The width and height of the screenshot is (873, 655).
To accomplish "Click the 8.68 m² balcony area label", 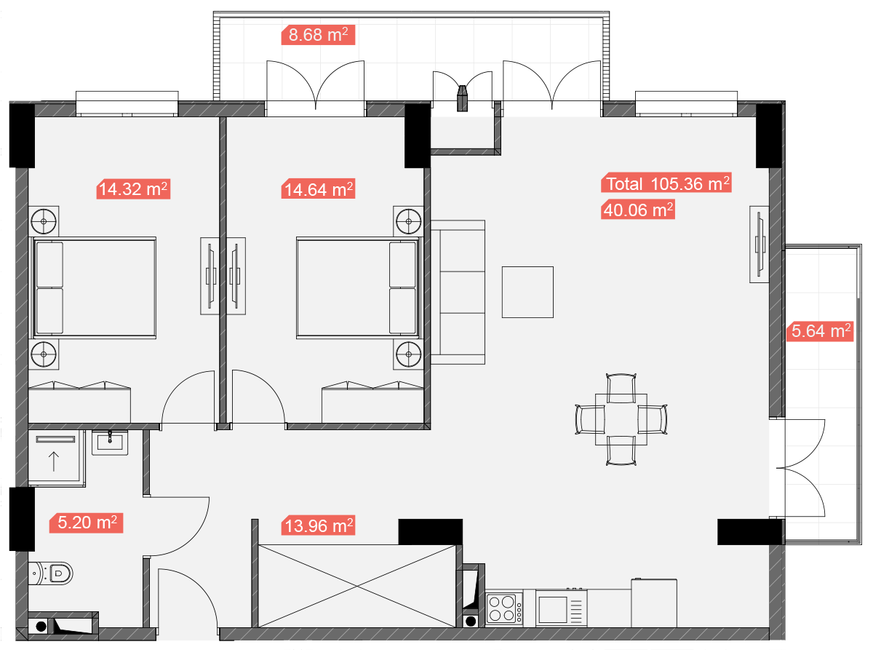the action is pos(318,35).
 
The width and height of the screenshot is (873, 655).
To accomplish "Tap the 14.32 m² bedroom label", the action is pos(133,189).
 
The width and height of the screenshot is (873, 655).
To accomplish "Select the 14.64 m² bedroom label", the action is pos(318,189).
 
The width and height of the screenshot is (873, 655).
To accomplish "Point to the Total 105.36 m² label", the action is pos(666,183).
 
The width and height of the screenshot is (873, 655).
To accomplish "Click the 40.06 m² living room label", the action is pos(638,210).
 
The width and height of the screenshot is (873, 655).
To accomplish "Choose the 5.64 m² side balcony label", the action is pos(820,331).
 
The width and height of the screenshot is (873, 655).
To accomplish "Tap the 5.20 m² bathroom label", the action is pos(87,523).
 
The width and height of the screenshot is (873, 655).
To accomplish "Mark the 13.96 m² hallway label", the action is pos(318,525).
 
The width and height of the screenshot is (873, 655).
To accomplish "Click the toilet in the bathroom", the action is pos(50,573).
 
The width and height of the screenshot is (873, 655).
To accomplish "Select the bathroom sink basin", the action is pos(110,442).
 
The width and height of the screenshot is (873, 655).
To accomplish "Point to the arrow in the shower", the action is pos(54,461).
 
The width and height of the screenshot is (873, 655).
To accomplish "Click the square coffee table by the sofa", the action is pos(527,293).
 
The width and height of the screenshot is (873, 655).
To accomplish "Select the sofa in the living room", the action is pos(458,293).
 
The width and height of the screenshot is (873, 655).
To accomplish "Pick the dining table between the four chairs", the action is pos(621,420).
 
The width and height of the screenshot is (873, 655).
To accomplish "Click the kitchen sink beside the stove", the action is pos(561,608).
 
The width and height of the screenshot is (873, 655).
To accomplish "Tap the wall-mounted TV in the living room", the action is pos(760,245).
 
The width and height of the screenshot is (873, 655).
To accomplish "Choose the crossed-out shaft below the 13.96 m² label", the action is pos(356,586).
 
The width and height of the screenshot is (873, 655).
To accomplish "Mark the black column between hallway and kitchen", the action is pos(431,532).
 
